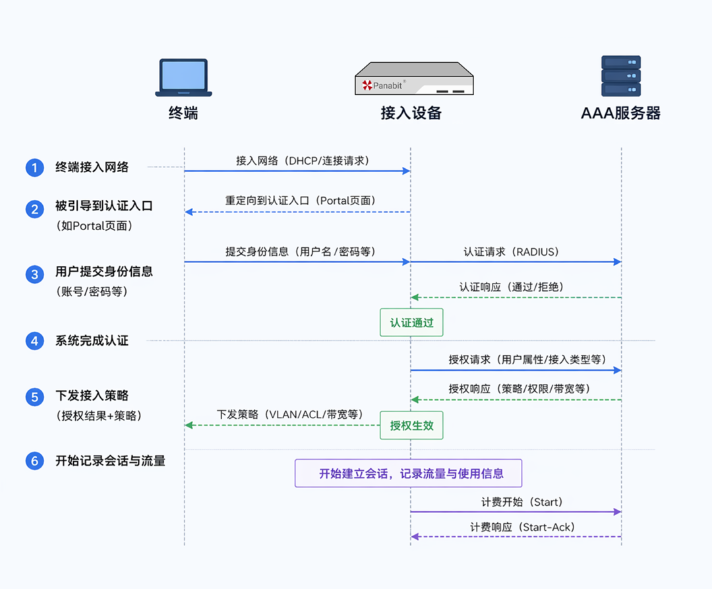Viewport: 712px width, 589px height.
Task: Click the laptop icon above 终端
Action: pos(183,77)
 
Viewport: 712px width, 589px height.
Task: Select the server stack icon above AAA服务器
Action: pos(620,77)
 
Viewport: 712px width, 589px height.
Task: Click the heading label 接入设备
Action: pos(411,113)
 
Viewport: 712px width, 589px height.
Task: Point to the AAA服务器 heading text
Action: pos(620,113)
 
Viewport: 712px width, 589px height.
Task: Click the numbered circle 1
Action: pos(34,168)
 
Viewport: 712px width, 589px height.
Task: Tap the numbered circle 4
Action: pos(34,341)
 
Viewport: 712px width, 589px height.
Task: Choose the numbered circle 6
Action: pos(34,461)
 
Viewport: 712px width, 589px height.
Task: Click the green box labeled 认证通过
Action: pos(411,323)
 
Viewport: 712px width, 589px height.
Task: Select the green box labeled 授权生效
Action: pos(411,425)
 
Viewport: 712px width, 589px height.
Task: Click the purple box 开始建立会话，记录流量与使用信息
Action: pos(408,473)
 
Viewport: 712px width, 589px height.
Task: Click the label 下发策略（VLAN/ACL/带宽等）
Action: pos(290,415)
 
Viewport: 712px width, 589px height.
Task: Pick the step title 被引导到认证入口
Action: pos(104,206)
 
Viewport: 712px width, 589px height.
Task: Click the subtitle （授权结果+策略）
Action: pos(98,416)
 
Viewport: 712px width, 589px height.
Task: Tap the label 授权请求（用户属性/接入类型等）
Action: pos(527,359)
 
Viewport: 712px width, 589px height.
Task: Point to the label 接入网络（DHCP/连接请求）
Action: pos(303,160)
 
